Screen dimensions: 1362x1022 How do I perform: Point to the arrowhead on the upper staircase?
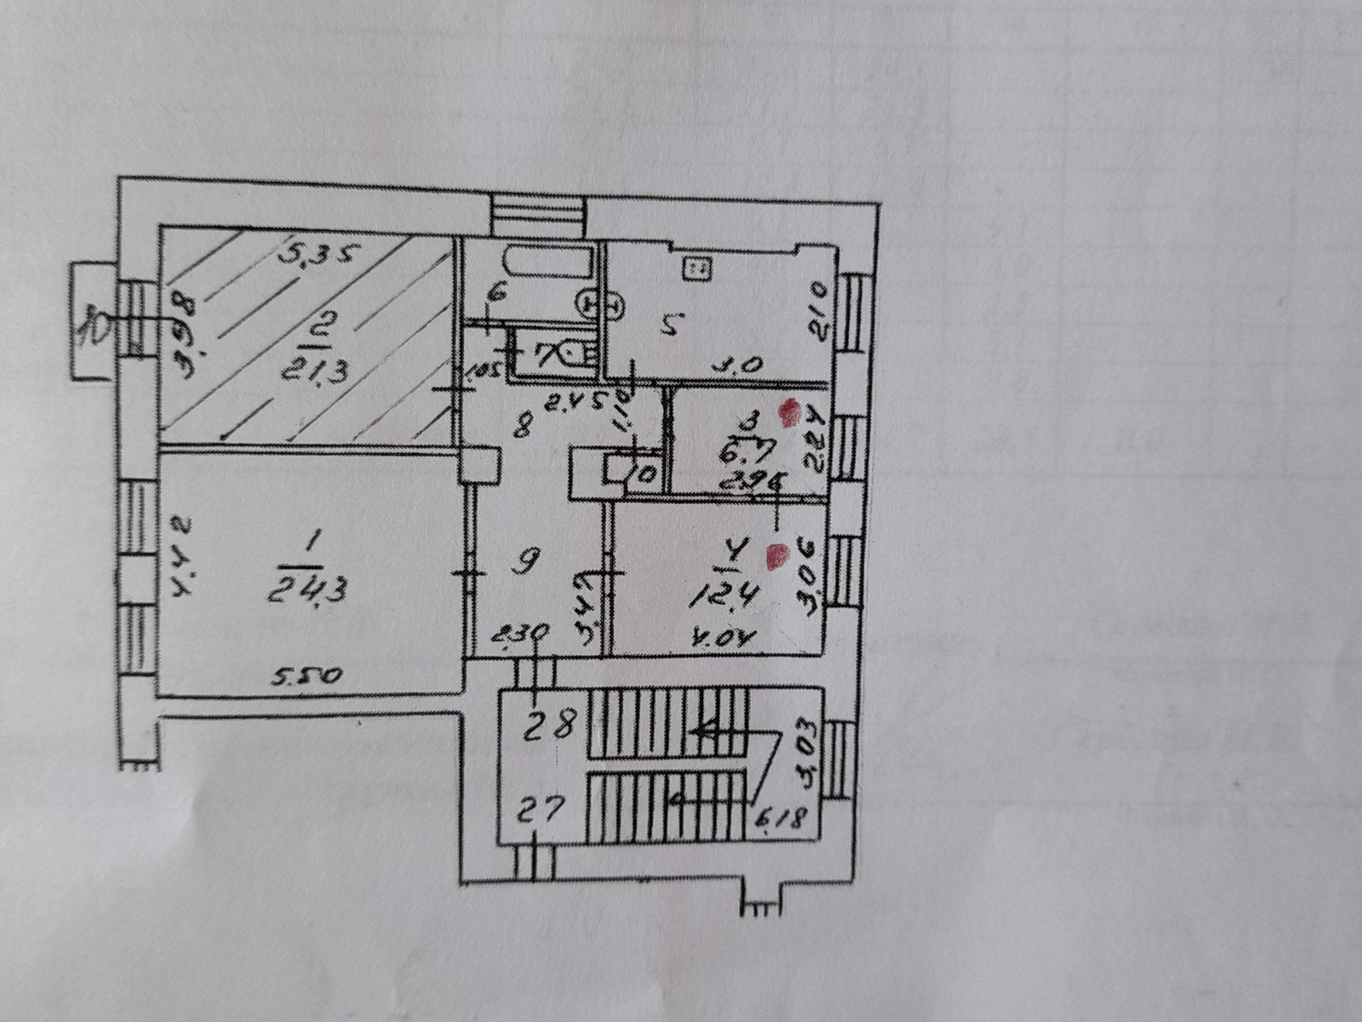click(702, 731)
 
